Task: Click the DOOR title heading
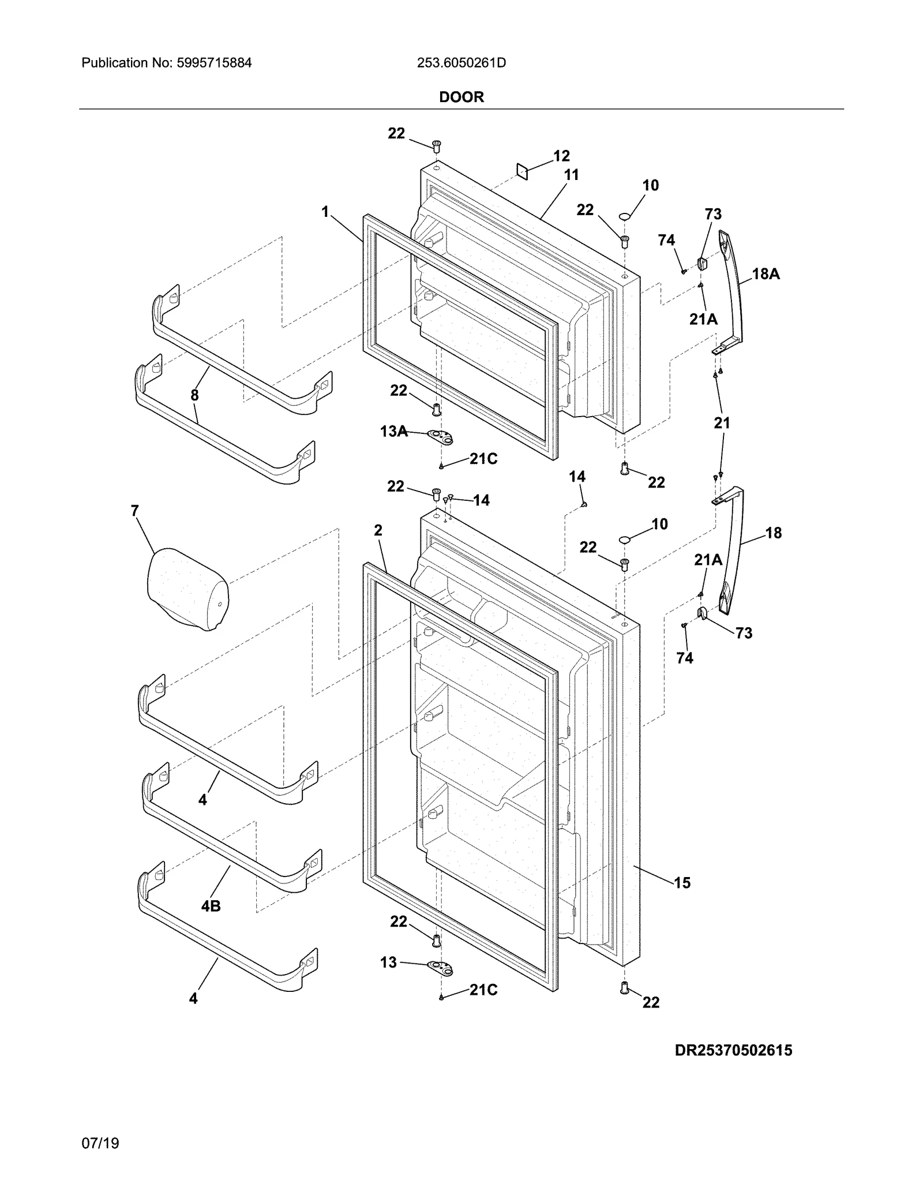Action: point(461,97)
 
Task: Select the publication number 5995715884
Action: point(167,63)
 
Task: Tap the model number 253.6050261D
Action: point(461,63)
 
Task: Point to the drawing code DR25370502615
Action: point(733,1050)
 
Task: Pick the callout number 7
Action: point(135,511)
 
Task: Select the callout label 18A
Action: point(766,274)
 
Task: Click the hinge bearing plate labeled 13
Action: point(440,966)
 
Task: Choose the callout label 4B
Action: point(211,906)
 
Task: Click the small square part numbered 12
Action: point(522,171)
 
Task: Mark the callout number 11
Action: point(571,175)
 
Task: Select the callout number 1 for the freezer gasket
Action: point(325,212)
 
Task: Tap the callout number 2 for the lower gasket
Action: point(378,530)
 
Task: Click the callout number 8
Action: point(194,395)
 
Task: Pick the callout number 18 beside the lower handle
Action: point(773,533)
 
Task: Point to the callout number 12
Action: point(561,156)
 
